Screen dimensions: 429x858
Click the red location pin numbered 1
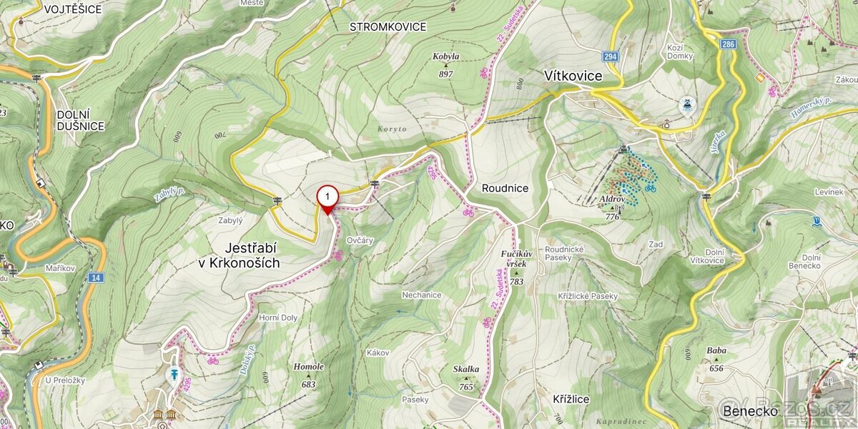point(327,197)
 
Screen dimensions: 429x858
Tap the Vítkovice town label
point(573,76)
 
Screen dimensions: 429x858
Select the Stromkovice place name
point(388,27)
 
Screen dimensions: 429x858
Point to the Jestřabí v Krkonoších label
point(240,255)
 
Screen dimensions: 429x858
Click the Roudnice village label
point(505,188)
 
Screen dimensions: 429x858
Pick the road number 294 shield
point(610,56)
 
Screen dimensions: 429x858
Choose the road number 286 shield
point(728,44)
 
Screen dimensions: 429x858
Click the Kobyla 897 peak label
point(446,64)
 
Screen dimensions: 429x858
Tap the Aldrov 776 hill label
point(612,206)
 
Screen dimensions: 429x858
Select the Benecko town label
point(749,411)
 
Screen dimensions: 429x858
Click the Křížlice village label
point(571,399)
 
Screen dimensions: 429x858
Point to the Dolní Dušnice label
point(81,120)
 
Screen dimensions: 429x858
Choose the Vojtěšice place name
point(72,9)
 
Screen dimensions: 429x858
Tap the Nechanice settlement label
point(421,295)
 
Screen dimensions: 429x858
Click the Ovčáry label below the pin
point(360,240)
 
